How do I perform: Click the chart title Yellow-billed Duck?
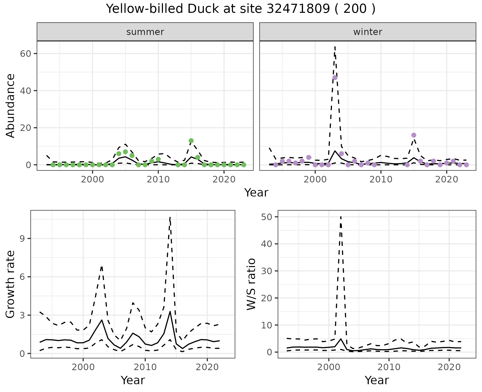(240, 9)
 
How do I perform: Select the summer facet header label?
(145, 32)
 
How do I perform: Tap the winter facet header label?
(368, 32)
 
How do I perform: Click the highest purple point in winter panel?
(335, 78)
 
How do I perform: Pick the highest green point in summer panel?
(191, 141)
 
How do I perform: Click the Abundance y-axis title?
(11, 106)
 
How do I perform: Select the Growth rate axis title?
(11, 284)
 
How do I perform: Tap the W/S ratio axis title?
(251, 284)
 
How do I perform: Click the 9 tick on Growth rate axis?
(22, 239)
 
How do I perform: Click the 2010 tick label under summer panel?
(158, 180)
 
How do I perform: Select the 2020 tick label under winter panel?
(447, 180)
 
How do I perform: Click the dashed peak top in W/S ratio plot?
(341, 217)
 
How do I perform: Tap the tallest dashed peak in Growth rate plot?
(170, 217)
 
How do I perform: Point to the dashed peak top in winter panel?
(335, 47)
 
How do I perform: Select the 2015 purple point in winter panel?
(414, 135)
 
